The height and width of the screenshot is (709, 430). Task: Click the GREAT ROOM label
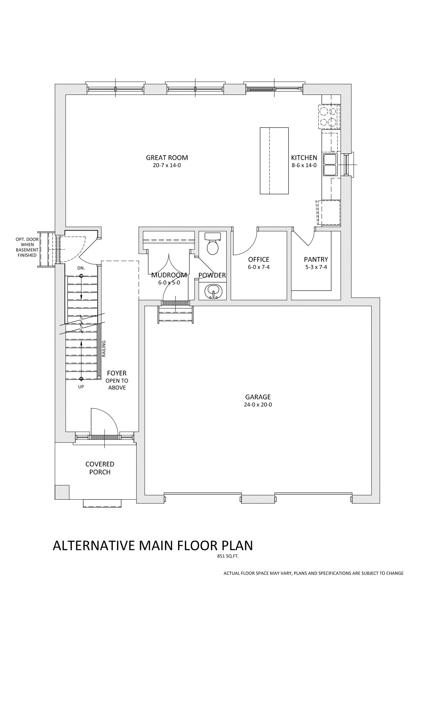click(x=167, y=158)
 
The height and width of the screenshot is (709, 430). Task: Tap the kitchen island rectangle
click(x=274, y=161)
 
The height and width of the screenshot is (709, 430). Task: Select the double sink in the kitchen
click(x=330, y=164)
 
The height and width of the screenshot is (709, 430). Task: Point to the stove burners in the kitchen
click(x=328, y=116)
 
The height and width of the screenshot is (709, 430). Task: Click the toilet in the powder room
click(x=212, y=245)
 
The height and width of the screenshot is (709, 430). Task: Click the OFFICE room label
click(x=259, y=260)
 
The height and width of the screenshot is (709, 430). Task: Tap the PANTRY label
click(x=316, y=260)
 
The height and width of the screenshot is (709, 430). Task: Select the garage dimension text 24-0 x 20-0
click(x=258, y=404)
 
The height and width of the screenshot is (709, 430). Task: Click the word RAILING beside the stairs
click(x=104, y=348)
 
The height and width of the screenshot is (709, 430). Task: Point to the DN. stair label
click(x=81, y=268)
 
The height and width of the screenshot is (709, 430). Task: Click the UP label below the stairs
click(x=81, y=387)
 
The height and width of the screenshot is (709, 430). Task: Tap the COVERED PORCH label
click(x=100, y=468)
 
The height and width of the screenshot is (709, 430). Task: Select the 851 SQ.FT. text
click(x=228, y=557)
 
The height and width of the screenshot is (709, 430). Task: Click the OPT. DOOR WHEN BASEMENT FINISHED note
click(x=27, y=247)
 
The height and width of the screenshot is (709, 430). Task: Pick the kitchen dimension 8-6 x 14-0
click(x=304, y=165)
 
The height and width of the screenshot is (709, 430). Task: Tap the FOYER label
click(x=117, y=373)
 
